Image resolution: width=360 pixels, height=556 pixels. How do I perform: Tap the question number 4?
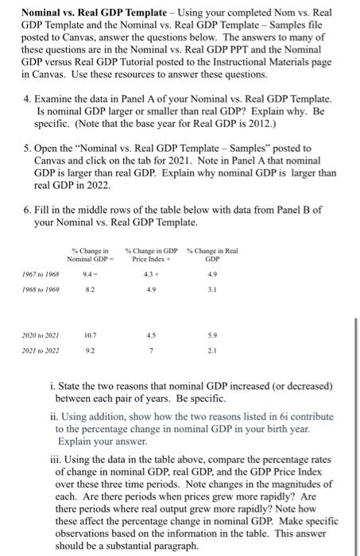pos(28,95)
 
